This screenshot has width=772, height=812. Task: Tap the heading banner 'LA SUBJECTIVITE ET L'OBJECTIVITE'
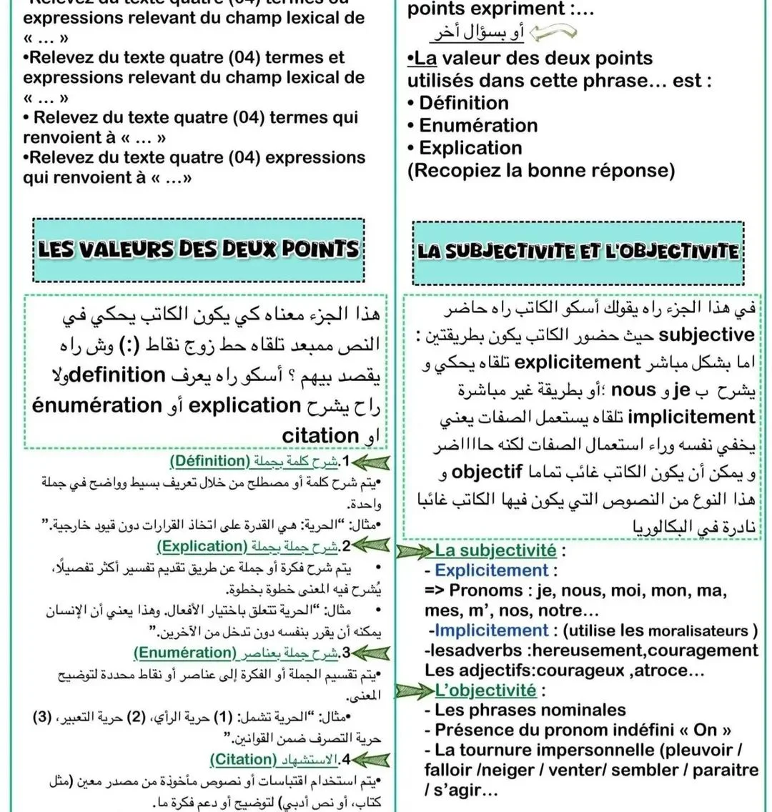point(578,251)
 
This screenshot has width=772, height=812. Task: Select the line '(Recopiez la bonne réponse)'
point(541,171)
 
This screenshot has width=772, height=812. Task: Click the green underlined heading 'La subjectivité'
point(495,550)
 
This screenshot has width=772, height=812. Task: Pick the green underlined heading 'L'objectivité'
point(485,690)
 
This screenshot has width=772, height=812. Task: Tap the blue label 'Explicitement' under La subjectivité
point(491,570)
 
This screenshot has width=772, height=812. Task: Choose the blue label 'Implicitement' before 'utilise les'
point(491,630)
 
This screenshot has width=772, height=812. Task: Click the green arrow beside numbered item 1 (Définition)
point(368,461)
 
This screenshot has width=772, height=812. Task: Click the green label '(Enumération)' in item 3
point(185,653)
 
